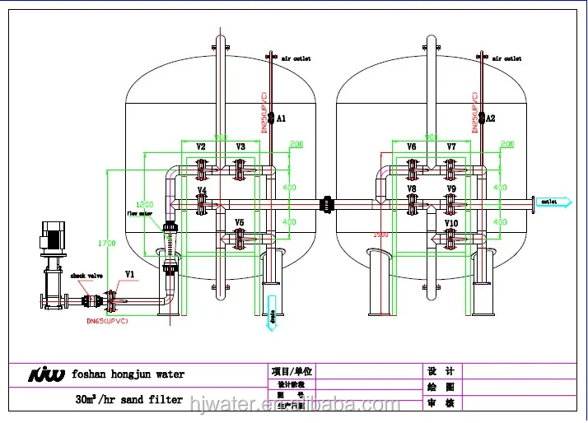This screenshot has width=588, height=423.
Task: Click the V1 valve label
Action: tap(129, 273)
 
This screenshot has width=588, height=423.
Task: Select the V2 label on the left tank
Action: tap(201, 146)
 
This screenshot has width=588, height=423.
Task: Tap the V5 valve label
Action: tap(240, 223)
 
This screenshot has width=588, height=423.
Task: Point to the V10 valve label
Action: tap(451, 224)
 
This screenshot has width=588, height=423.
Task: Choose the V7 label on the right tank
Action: tap(451, 146)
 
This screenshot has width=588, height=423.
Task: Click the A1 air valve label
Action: tap(282, 119)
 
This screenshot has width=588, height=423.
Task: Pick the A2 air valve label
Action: tap(491, 119)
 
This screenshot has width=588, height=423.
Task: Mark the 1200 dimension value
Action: tap(145, 203)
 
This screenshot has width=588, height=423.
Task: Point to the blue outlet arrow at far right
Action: tap(546, 201)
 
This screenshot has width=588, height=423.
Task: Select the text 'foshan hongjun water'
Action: tap(128, 374)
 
